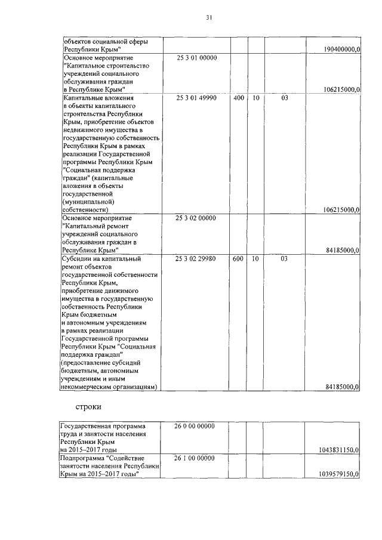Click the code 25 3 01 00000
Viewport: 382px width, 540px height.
pyautogui.click(x=196, y=58)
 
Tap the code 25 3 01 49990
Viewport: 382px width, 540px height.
pyautogui.click(x=196, y=97)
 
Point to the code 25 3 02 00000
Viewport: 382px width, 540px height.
pyautogui.click(x=196, y=218)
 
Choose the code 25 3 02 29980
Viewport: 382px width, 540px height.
pyautogui.click(x=196, y=259)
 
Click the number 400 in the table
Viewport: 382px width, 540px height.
pyautogui.click(x=238, y=97)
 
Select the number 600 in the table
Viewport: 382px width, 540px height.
pyautogui.click(x=238, y=259)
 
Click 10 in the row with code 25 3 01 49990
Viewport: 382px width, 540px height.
pyautogui.click(x=255, y=97)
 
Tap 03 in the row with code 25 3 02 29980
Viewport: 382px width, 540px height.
pyautogui.click(x=284, y=259)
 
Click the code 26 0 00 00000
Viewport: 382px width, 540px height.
pyautogui.click(x=196, y=426)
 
